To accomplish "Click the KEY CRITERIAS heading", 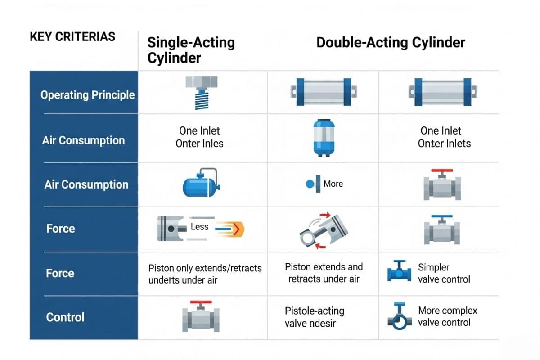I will point(72,36).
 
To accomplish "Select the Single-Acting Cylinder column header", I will point(191,50).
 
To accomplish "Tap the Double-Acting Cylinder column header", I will point(391,43).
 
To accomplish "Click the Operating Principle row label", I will point(88,95).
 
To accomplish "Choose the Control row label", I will point(65,317).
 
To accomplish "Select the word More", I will point(333,184).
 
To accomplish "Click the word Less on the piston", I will point(199,227).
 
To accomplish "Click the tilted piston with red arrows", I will point(324,229).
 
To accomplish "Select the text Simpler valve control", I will point(444,273).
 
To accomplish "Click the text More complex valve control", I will point(447,316).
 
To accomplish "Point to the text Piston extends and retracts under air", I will point(324,273).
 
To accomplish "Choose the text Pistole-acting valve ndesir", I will point(314,317).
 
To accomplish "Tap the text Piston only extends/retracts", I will point(205,268).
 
